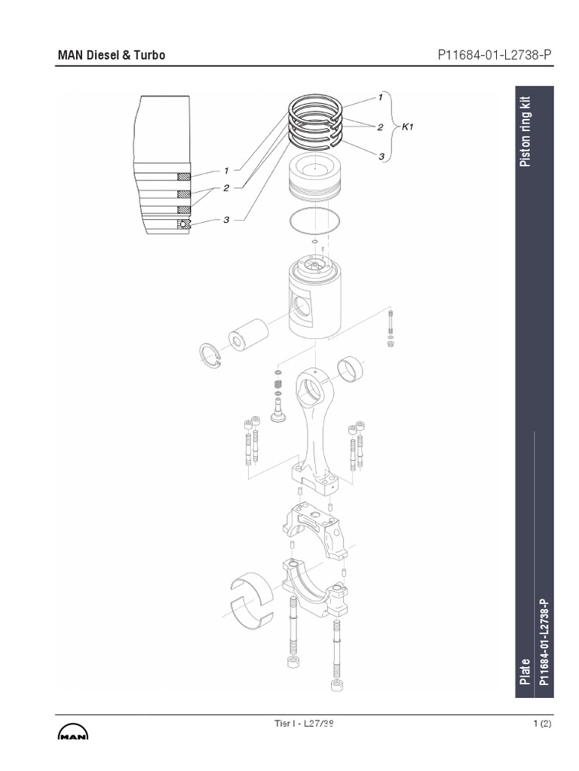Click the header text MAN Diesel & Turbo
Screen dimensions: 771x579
click(112, 55)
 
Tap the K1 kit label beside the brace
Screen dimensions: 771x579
click(407, 127)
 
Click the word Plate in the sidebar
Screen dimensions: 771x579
click(525, 671)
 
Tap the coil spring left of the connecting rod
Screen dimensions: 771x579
click(277, 390)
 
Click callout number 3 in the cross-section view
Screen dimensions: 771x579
click(225, 220)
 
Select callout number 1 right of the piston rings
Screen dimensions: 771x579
click(381, 97)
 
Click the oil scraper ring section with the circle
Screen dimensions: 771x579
click(182, 224)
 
